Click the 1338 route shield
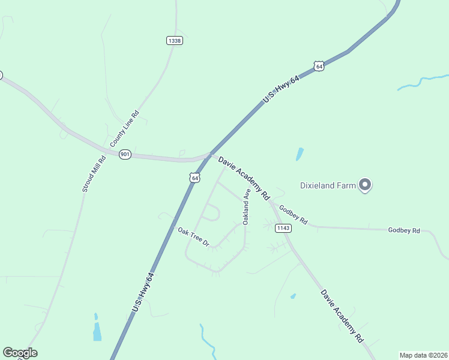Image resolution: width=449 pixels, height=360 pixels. point(175,40)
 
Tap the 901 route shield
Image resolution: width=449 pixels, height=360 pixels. point(125,154)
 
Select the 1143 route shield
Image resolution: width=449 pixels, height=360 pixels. point(283,228)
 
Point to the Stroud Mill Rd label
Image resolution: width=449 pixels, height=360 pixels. point(94,174)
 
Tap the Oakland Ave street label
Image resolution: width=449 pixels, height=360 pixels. point(246,206)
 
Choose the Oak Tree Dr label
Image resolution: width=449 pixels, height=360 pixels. point(193,236)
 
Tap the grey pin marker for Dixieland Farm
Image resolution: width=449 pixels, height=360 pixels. point(364,184)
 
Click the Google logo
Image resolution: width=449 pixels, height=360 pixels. point(20,353)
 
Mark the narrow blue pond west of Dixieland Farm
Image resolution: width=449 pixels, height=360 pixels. point(300,154)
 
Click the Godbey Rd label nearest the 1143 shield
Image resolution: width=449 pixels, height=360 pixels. point(293,214)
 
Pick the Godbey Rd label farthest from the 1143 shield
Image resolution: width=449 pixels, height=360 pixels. point(404,230)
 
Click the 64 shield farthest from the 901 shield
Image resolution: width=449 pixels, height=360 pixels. point(319,66)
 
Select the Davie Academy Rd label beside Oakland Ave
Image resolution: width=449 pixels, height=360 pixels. point(244,178)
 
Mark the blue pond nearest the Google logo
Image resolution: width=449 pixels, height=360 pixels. point(97,329)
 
